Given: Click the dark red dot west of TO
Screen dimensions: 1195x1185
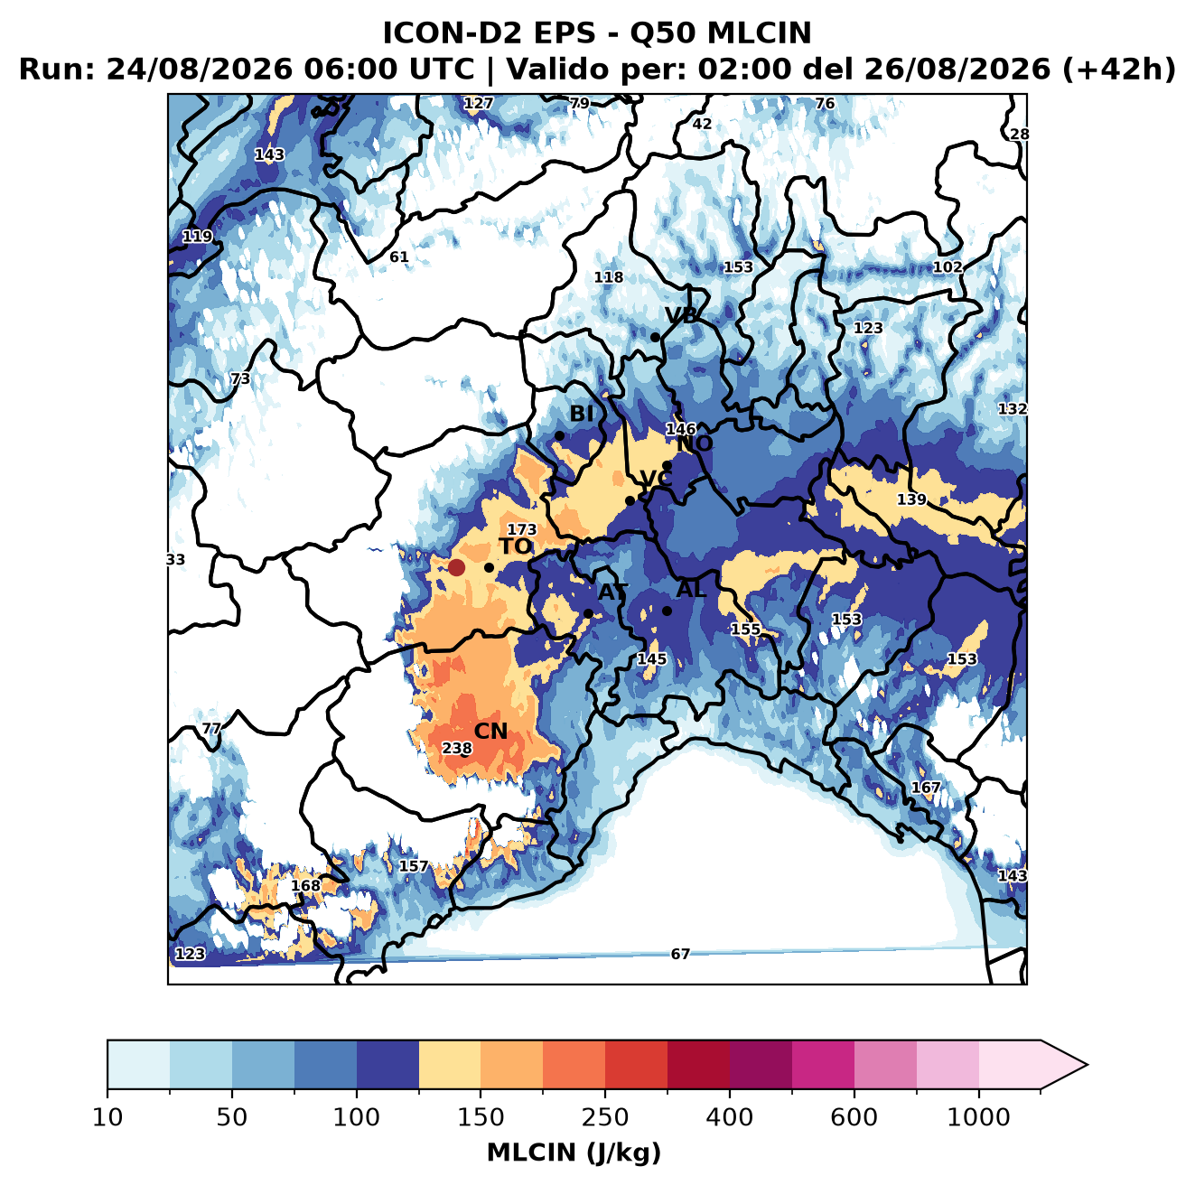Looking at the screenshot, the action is (x=456, y=567).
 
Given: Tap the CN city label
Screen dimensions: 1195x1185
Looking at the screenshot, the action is (x=490, y=732).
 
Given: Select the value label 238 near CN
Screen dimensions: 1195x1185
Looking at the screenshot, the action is (x=456, y=749).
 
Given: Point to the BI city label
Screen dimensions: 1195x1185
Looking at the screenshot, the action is (x=582, y=414).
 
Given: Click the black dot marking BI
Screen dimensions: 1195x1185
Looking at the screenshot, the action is (x=559, y=436).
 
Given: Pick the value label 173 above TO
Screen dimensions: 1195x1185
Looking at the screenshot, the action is (x=522, y=529).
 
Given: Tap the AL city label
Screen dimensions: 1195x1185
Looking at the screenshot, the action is (x=692, y=589).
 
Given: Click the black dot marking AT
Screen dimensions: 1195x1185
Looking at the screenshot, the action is (x=588, y=613).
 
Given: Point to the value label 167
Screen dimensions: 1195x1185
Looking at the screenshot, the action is (x=926, y=788).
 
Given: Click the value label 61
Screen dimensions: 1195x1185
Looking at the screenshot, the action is (x=398, y=257).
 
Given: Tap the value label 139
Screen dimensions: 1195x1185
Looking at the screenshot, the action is (x=911, y=499).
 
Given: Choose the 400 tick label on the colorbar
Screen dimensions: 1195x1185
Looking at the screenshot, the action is (x=729, y=1117).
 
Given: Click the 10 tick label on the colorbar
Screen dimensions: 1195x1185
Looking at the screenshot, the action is (x=107, y=1117).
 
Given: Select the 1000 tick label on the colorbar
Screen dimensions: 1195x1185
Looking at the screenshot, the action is (x=978, y=1117).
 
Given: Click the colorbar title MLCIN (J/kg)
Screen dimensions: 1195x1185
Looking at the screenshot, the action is (x=574, y=1152).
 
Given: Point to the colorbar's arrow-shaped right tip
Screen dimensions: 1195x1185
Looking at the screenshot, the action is (x=1087, y=1065).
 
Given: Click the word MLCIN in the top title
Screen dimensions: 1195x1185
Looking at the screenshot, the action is (x=759, y=33).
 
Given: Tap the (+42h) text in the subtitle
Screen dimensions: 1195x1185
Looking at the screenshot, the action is (x=1119, y=70).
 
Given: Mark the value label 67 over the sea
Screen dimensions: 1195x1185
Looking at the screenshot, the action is (x=680, y=954).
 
